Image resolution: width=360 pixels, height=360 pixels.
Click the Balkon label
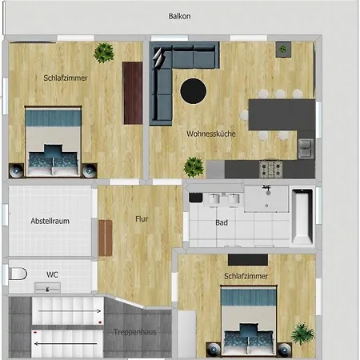tap(179, 15)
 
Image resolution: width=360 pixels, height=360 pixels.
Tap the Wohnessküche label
tap(210, 134)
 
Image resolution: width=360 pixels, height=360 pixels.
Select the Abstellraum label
tap(48, 220)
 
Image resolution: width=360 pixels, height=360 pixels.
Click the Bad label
tap(222, 223)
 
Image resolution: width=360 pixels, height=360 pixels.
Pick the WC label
tap(52, 274)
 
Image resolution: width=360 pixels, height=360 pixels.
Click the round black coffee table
tap(193, 90)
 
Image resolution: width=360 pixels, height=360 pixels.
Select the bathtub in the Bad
tap(302, 216)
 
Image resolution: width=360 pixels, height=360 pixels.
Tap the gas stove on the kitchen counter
tap(272, 169)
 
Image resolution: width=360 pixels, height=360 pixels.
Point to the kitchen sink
tap(306, 148)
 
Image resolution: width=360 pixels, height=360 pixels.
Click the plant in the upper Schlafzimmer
tap(104, 53)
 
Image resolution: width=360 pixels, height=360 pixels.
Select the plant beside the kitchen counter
tap(194, 166)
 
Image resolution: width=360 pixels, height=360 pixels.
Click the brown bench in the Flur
tap(105, 238)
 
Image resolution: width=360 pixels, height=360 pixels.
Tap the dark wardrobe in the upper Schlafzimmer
tap(132, 93)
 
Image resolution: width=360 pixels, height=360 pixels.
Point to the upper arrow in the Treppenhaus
tap(70, 309)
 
